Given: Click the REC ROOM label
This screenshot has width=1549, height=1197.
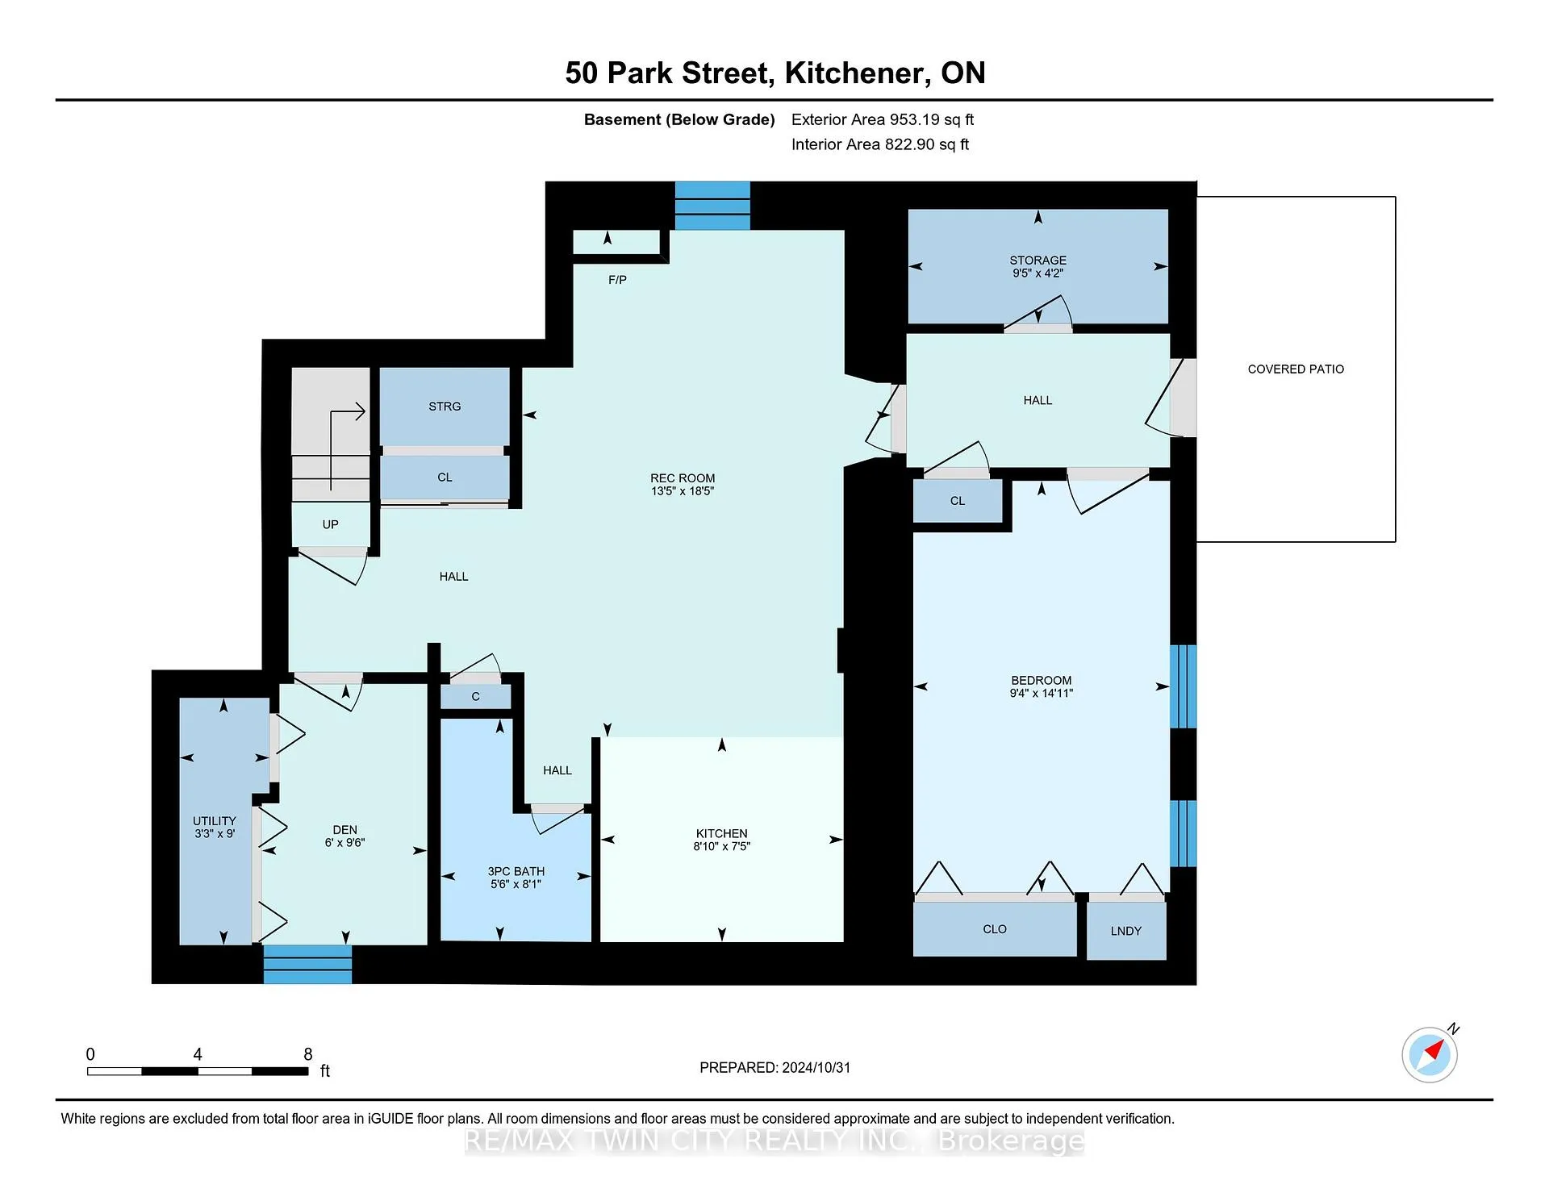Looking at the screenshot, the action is [683, 478].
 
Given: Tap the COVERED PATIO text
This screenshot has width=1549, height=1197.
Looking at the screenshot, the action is [1296, 369].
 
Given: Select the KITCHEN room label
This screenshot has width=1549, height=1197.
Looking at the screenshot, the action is [721, 833].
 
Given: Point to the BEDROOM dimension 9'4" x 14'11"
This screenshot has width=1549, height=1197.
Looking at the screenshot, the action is [1041, 693].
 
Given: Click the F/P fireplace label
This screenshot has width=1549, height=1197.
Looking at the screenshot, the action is [617, 280].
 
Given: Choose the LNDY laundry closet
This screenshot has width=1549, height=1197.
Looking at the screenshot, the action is [1126, 931].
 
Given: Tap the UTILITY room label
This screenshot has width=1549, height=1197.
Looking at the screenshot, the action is [214, 821].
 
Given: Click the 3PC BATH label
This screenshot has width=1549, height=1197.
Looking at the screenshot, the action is [516, 871].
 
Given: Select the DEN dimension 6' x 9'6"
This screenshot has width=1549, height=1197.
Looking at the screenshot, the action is [344, 842].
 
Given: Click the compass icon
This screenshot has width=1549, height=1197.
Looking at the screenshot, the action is [1430, 1054].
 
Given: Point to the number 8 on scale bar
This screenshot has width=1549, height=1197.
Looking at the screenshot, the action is [307, 1054].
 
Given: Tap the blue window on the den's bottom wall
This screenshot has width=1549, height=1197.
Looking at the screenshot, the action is [307, 964].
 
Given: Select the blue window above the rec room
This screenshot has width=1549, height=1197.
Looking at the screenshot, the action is [712, 206].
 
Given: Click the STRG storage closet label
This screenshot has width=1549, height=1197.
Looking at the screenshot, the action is [445, 407].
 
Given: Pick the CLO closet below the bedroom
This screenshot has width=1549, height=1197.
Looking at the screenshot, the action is [995, 929].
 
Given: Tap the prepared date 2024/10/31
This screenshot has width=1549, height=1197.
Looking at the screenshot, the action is [815, 1067].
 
